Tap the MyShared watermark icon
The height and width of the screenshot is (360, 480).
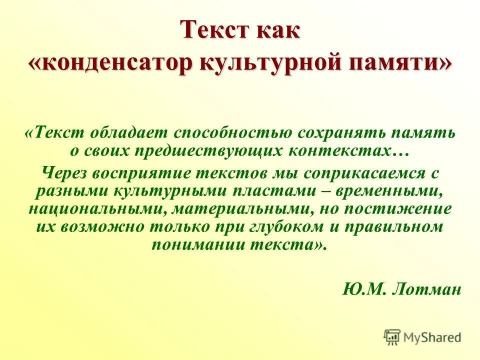[392, 336]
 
